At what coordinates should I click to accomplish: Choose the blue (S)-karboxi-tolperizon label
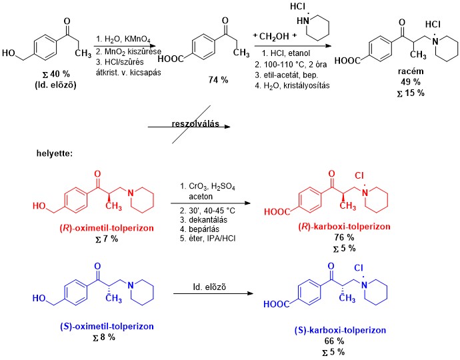pyautogui.click(x=340, y=330)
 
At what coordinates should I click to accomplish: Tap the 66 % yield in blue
pyautogui.click(x=340, y=340)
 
